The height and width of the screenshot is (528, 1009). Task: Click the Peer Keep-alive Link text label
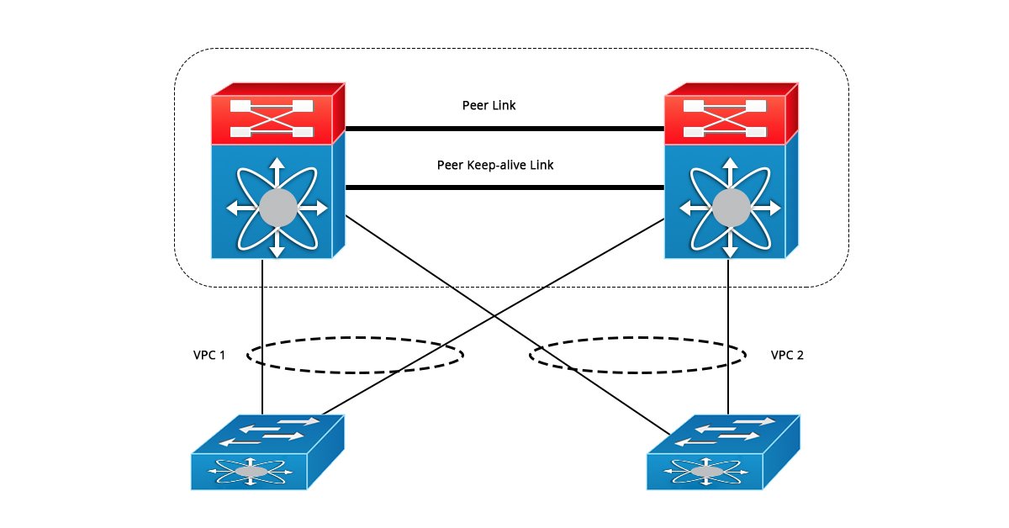coord(494,166)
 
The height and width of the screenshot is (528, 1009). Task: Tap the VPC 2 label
coord(787,355)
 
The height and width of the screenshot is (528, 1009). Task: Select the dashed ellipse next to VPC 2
coord(637,341)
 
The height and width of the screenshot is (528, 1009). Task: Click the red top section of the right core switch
coord(724,119)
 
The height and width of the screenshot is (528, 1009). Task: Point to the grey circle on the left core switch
coord(278,207)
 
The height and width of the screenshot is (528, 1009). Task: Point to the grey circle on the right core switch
coord(730,207)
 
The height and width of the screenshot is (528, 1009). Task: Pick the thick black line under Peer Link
coord(504,129)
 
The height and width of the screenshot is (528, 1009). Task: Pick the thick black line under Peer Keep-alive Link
coord(504,188)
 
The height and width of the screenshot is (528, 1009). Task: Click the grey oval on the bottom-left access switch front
coord(251,473)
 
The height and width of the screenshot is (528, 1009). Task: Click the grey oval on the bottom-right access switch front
coord(706,473)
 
